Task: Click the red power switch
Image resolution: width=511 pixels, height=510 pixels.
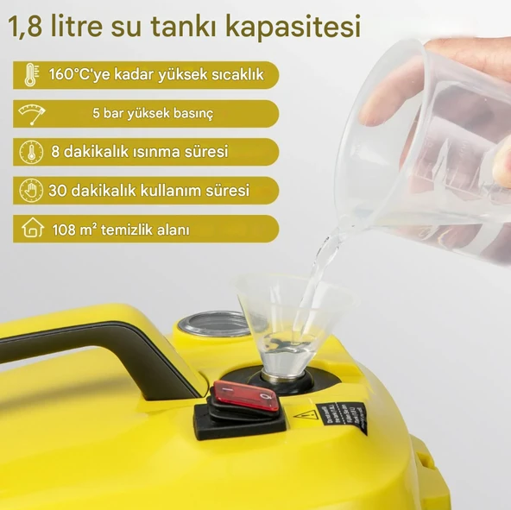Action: tap(246, 396)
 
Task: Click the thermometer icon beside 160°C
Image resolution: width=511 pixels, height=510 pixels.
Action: tap(31, 75)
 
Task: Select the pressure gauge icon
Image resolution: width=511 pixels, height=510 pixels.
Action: tap(31, 114)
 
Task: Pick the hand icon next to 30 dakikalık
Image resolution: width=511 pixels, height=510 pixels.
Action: tap(31, 190)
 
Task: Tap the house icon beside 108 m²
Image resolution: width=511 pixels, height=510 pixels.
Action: tap(32, 229)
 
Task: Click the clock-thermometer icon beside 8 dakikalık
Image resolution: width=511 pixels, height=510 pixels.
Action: tap(31, 152)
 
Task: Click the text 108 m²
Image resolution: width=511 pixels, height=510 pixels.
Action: tap(74, 230)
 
